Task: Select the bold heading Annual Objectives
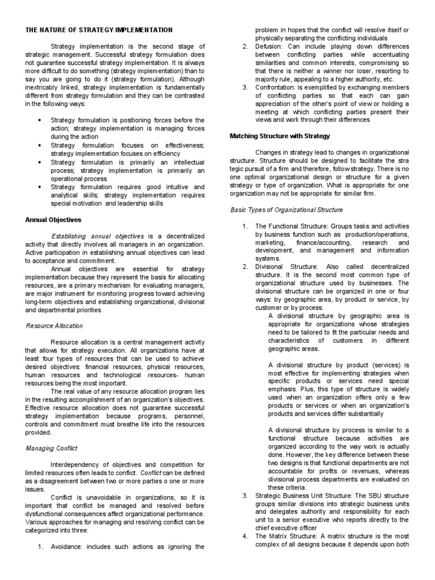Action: click(x=53, y=219)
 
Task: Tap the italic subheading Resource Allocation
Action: click(x=55, y=326)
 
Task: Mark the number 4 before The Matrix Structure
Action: click(x=245, y=536)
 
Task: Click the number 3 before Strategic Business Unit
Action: click(x=245, y=496)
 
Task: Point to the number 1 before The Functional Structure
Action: click(x=245, y=227)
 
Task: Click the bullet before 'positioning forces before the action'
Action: click(x=39, y=121)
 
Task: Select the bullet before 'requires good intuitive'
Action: click(x=39, y=186)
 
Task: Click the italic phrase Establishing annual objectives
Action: click(x=99, y=236)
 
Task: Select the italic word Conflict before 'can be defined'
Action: click(x=151, y=473)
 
